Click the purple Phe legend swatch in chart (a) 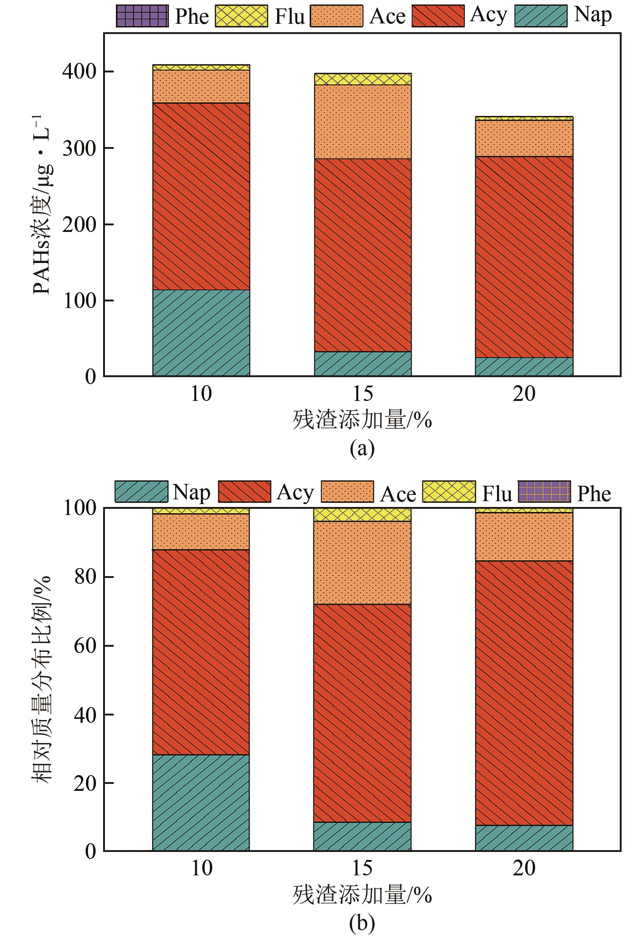pos(142,16)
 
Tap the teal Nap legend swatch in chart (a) pos(540,16)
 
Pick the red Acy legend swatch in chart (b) pos(244,491)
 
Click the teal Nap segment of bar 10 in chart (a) pos(201,333)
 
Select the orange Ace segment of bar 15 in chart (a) pos(362,121)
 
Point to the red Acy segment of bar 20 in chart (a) pos(524,256)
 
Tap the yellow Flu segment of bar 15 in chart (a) pos(362,79)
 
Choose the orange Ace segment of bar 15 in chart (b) pos(362,562)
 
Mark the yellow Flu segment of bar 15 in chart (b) pos(362,514)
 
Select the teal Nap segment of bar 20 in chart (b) pos(524,838)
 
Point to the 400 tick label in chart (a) pos(79,72)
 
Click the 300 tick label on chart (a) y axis pos(79,148)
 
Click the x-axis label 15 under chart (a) pos(362,394)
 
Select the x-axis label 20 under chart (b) pos(524,869)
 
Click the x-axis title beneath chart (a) pos(362,420)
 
